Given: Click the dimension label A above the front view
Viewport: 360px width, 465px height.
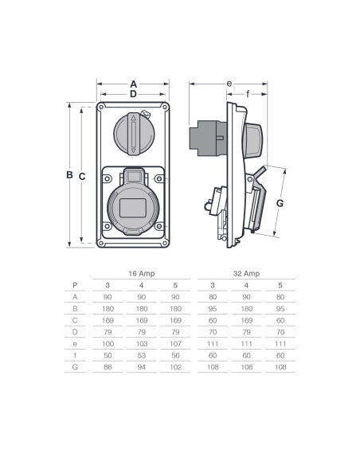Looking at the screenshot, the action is tap(134, 84).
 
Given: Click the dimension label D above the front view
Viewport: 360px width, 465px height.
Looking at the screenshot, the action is tap(134, 94).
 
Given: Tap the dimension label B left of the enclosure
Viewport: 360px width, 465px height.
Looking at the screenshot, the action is tap(69, 175).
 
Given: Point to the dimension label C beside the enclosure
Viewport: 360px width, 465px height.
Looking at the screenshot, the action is tap(82, 177).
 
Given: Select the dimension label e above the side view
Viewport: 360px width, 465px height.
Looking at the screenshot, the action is tap(229, 84).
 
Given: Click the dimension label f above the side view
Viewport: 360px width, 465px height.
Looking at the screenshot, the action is tap(248, 94).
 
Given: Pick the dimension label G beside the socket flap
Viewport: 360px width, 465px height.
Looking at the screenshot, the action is tap(280, 203).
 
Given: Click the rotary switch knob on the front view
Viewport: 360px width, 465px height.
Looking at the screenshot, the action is tap(134, 134).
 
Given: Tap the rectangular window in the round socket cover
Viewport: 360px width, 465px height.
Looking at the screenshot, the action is tap(133, 208).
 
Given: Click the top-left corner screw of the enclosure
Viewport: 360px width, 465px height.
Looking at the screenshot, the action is tap(101, 107).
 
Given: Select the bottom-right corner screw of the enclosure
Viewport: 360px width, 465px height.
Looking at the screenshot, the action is tap(165, 244).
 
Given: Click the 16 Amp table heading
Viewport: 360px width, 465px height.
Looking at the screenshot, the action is tap(142, 273).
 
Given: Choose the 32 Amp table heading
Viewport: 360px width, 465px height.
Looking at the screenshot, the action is tap(246, 273).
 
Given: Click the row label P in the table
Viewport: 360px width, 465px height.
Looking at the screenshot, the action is tap(75, 285).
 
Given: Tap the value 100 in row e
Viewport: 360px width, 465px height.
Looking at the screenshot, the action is tap(108, 344).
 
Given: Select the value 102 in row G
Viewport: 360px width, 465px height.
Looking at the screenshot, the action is tap(175, 367).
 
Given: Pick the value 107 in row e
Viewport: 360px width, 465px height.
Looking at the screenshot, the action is tap(175, 344).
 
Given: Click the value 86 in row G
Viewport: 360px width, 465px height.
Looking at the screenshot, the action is tap(108, 367).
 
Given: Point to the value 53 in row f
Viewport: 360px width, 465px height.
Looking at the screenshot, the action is tap(142, 356).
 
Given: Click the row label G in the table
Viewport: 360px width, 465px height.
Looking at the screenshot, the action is tap(75, 367).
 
